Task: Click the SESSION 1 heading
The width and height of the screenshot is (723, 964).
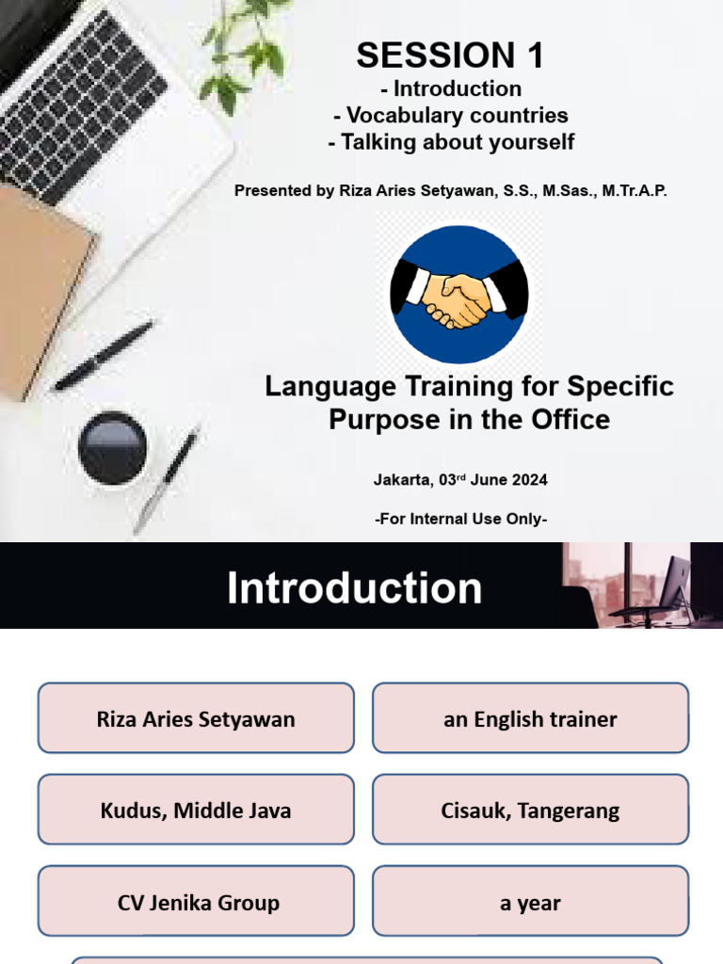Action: (450, 56)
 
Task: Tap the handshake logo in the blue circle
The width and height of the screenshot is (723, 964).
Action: (458, 295)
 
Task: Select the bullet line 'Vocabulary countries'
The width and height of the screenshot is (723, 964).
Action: (451, 116)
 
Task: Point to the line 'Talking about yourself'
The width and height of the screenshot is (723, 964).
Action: (451, 143)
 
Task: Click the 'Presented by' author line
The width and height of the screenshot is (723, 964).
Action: (451, 190)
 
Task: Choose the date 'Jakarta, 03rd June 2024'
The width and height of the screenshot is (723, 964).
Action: (460, 479)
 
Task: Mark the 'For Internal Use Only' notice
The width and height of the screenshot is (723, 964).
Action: (460, 519)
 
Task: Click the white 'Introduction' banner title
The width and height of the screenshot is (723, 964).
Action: (354, 587)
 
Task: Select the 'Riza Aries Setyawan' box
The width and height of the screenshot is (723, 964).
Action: (196, 719)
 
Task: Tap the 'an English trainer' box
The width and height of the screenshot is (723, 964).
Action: (530, 719)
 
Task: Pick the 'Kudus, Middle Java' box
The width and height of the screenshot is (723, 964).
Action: (196, 811)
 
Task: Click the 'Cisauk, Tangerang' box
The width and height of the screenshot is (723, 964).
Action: (530, 811)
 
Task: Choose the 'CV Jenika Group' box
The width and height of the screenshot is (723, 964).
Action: (196, 902)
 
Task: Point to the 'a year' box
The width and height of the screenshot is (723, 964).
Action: (530, 902)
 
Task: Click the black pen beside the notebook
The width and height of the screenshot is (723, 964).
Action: (104, 355)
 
